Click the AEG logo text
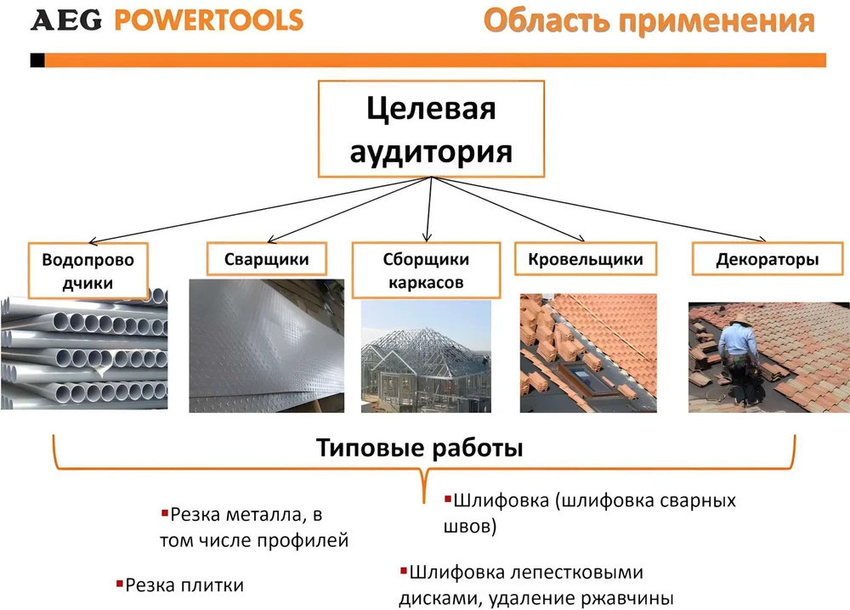[x=66, y=20]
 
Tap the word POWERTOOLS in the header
[x=208, y=20]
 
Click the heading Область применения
[x=649, y=21]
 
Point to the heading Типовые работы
[x=419, y=448]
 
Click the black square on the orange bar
[x=37, y=60]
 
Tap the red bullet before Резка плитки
[x=120, y=584]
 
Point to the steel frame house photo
[x=426, y=357]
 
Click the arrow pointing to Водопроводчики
[x=259, y=210]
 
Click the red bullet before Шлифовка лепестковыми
[x=403, y=570]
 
